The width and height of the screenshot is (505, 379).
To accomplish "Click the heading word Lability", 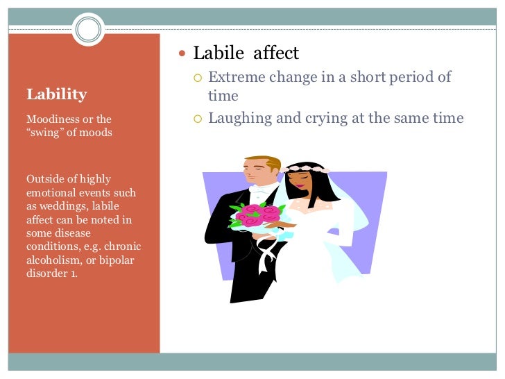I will (x=56, y=94).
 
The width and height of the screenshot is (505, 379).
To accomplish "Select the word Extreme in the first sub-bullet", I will (x=234, y=77).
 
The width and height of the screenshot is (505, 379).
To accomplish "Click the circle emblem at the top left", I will (x=88, y=30).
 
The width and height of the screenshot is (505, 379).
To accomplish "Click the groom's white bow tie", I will (x=260, y=188).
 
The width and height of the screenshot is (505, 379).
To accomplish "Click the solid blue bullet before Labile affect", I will (x=183, y=53).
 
